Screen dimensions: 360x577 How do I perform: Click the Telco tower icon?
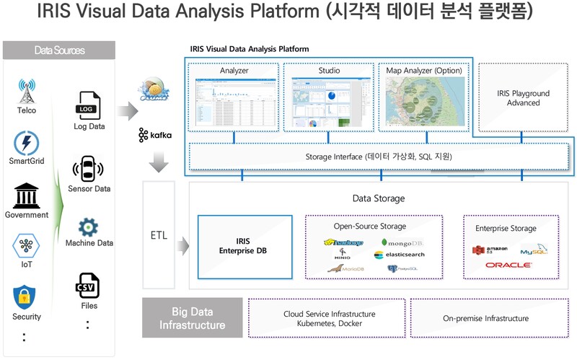pos(27,92)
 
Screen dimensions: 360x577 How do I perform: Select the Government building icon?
pos(27,195)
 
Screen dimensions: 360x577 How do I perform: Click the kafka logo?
pos(149,135)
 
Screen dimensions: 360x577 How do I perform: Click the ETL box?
pos(159,235)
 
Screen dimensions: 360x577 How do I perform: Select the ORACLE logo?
pos(508,265)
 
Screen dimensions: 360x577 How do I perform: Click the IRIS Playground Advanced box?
pos(523,98)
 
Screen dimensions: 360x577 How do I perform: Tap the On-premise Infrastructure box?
pos(485,318)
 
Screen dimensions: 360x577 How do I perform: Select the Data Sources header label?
pos(59,51)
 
